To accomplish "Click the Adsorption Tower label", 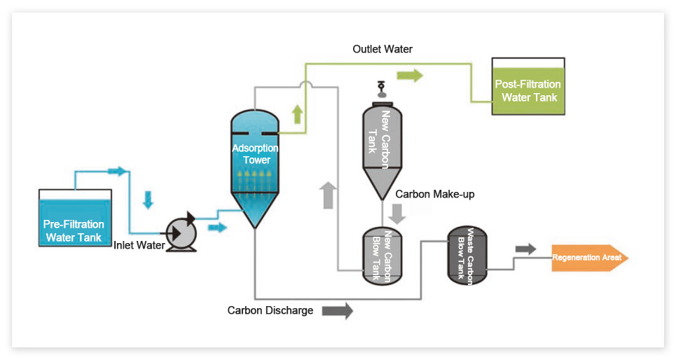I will coord(255,154).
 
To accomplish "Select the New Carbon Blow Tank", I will coord(382,256).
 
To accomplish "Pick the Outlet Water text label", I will coord(382,50).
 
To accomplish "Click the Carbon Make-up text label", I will coord(434,194).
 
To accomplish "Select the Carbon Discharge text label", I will coord(270,310).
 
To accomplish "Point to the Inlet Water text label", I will coord(139,245).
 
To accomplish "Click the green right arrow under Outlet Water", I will coord(410,75).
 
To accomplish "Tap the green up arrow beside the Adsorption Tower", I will coord(297,113).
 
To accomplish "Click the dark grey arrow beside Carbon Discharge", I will coord(338,310).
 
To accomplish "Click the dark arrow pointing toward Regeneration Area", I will coord(525,249).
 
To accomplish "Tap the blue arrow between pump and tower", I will coord(218,228).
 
